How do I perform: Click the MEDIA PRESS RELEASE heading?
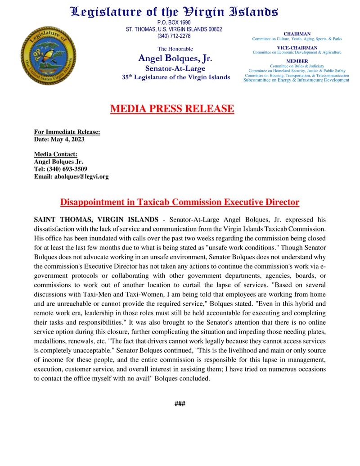point(172,109)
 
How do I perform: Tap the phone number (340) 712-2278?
point(174,36)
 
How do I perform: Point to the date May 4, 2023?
point(67,139)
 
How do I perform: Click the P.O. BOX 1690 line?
point(174,23)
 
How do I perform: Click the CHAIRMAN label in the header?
point(297,34)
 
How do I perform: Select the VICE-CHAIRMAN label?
point(297,48)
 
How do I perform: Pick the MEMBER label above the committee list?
point(297,61)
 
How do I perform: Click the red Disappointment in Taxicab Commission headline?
point(180,202)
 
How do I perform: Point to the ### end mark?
point(180,404)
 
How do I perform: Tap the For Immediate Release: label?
point(67,132)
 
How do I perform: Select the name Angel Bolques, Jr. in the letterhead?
point(175,59)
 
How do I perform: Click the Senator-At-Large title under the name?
point(175,68)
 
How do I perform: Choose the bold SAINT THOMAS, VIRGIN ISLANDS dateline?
point(96,220)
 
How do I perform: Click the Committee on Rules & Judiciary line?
point(297,66)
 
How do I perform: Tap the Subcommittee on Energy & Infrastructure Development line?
point(296,80)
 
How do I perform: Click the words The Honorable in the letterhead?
point(175,49)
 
